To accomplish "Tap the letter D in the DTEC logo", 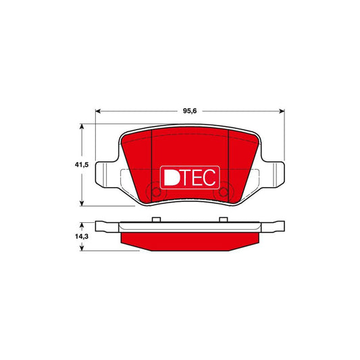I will click(171, 177).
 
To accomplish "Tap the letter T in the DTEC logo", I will click(186, 177).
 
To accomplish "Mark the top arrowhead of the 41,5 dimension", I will click(83, 127).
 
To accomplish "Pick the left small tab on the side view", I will click(156, 219).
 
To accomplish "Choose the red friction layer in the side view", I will click(190, 239).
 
